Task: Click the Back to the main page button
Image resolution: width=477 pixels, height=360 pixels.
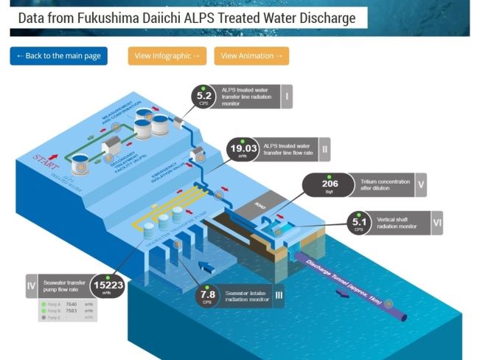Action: click(58, 56)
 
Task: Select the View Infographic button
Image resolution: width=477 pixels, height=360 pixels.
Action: click(167, 56)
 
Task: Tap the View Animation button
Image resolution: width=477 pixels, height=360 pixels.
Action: click(251, 56)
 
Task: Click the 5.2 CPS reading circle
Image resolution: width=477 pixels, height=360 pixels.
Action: click(205, 97)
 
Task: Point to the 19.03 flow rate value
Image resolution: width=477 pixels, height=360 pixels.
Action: click(243, 150)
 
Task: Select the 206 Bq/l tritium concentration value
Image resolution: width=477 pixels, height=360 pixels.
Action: click(330, 185)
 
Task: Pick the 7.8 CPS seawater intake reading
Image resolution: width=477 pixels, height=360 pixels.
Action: click(208, 298)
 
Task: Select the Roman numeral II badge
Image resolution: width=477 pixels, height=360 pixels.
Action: click(324, 150)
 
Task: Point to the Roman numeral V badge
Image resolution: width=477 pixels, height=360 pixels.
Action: click(420, 185)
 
